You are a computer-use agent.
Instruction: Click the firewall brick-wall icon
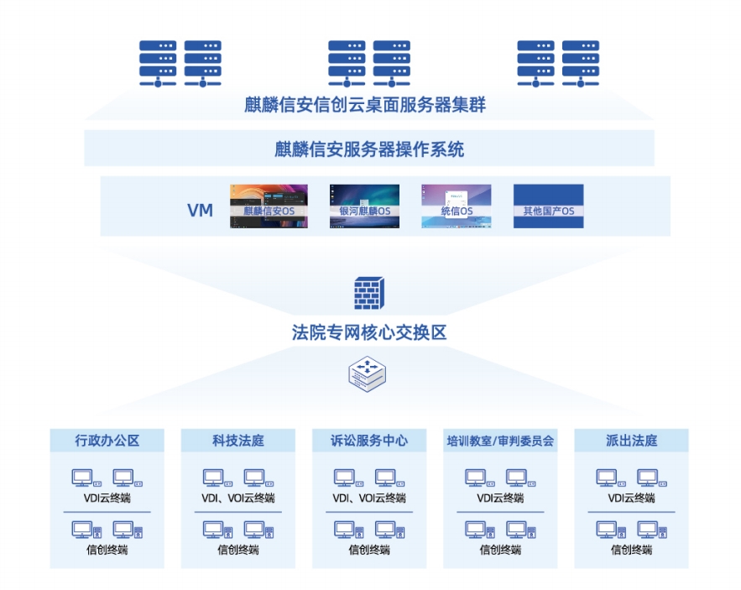[x=369, y=294]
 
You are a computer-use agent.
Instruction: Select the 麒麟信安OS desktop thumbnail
[x=269, y=206]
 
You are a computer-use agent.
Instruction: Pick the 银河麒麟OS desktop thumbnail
[x=364, y=206]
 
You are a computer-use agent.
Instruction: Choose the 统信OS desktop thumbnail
[x=457, y=206]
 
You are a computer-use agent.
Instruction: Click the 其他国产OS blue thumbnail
[x=548, y=206]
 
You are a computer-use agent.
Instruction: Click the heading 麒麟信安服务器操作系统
[x=369, y=150]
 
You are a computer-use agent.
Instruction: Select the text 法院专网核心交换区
[x=369, y=332]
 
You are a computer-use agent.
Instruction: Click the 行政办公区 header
[x=107, y=441]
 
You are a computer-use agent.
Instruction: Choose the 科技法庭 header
[x=238, y=441]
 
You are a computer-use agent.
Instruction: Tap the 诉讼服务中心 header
[x=369, y=441]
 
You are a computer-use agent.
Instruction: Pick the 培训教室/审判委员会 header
[x=501, y=441]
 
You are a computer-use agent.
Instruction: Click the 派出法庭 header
[x=631, y=441]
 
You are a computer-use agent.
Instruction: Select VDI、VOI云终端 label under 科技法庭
[x=238, y=498]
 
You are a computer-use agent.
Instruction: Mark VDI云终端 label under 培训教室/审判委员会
[x=501, y=498]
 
